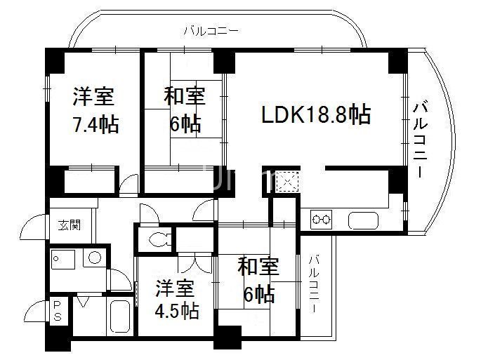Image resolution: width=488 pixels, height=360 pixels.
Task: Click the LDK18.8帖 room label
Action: pos(316,114)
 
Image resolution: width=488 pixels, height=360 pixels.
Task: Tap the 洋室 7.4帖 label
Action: pos(95,111)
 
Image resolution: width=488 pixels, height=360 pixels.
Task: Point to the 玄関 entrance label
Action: pos(69,225)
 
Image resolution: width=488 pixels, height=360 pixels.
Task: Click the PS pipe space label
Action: pos(58,311)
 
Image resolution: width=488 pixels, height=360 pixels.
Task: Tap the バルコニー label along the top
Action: pos(210,31)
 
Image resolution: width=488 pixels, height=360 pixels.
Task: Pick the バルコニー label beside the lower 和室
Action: pos(313,284)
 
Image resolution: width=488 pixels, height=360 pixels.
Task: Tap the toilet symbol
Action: pos(157,239)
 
